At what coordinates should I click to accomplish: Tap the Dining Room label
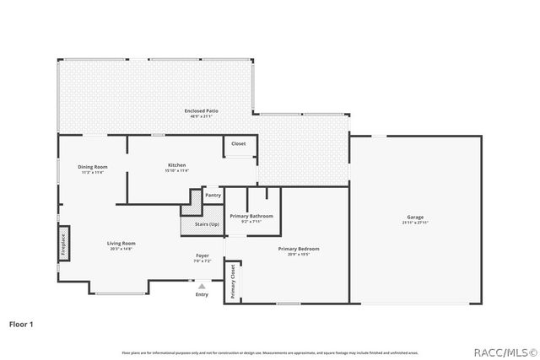pyautogui.click(x=93, y=166)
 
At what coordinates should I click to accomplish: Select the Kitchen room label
pyautogui.click(x=176, y=164)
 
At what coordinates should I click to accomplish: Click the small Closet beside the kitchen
pyautogui.click(x=239, y=144)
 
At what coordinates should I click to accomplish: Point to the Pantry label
pyautogui.click(x=213, y=195)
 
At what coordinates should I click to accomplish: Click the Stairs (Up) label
pyautogui.click(x=202, y=224)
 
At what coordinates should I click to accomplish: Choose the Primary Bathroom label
pyautogui.click(x=251, y=216)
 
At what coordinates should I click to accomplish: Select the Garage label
pyautogui.click(x=414, y=218)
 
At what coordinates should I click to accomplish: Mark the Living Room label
pyautogui.click(x=121, y=244)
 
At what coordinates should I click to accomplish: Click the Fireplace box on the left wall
pyautogui.click(x=62, y=244)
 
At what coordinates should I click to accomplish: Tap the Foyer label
pyautogui.click(x=202, y=256)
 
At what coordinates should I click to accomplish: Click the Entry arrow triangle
pyautogui.click(x=202, y=287)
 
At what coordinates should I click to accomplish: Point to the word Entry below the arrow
pyautogui.click(x=202, y=295)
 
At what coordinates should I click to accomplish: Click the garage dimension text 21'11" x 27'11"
pyautogui.click(x=414, y=223)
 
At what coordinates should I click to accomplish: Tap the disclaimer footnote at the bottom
pyautogui.click(x=270, y=352)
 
